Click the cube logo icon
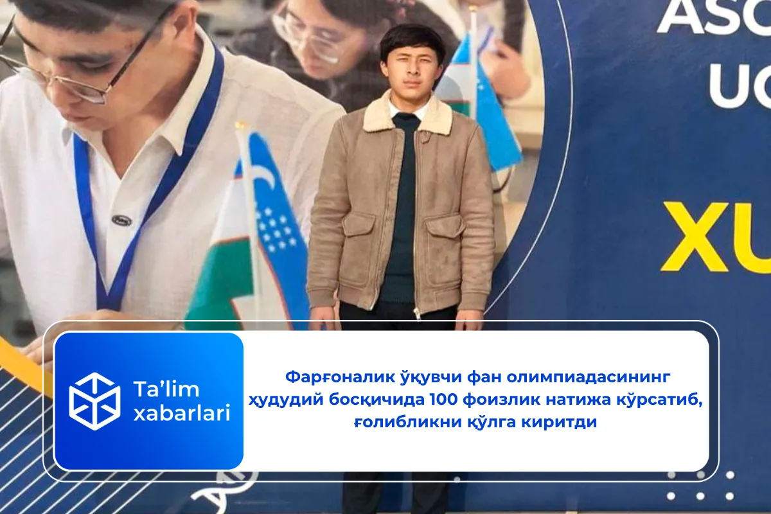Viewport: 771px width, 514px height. coord(94,401)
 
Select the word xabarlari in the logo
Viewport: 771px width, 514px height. coord(181,414)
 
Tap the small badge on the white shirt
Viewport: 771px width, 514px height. coord(121,220)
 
